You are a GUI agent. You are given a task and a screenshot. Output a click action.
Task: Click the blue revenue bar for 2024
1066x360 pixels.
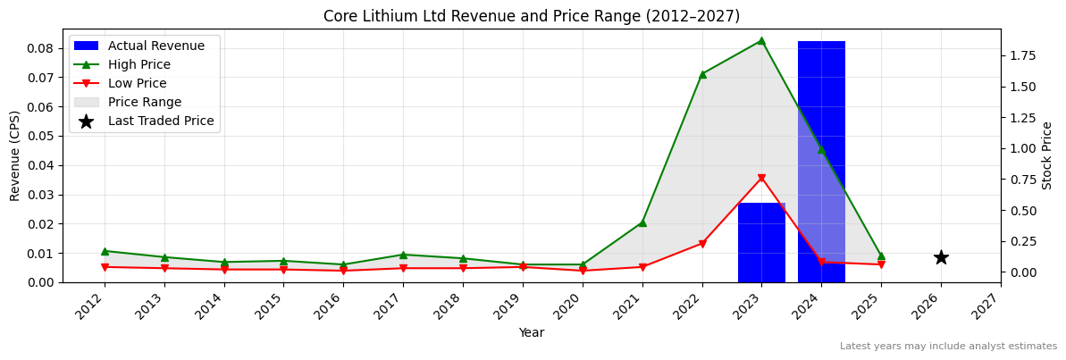pos(821,161)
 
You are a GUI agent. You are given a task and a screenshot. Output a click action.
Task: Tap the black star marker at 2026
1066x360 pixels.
pos(941,257)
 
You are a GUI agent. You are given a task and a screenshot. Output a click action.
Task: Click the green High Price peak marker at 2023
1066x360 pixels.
pos(761,40)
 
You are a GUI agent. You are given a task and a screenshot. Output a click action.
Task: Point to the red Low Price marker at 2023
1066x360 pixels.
pos(761,178)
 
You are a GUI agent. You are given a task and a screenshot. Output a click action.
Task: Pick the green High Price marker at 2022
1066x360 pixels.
pos(702,74)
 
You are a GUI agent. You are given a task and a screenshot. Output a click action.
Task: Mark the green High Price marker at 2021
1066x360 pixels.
pos(642,222)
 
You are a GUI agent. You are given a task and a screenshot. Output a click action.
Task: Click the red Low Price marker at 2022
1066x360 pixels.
pos(702,243)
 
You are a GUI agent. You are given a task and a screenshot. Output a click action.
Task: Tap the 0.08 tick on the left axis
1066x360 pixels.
pos(41,48)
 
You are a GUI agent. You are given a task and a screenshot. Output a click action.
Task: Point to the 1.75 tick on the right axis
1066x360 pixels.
pos(1022,55)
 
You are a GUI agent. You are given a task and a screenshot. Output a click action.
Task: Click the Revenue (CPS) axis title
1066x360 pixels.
pos(15,155)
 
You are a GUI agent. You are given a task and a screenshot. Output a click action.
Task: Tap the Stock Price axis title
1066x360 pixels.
pos(1047,155)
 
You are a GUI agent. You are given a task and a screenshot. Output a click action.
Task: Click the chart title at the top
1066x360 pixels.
pos(532,16)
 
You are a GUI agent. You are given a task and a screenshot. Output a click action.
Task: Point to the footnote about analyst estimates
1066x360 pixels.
pos(948,347)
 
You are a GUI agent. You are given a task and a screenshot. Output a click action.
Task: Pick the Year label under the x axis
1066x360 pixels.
pos(532,333)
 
